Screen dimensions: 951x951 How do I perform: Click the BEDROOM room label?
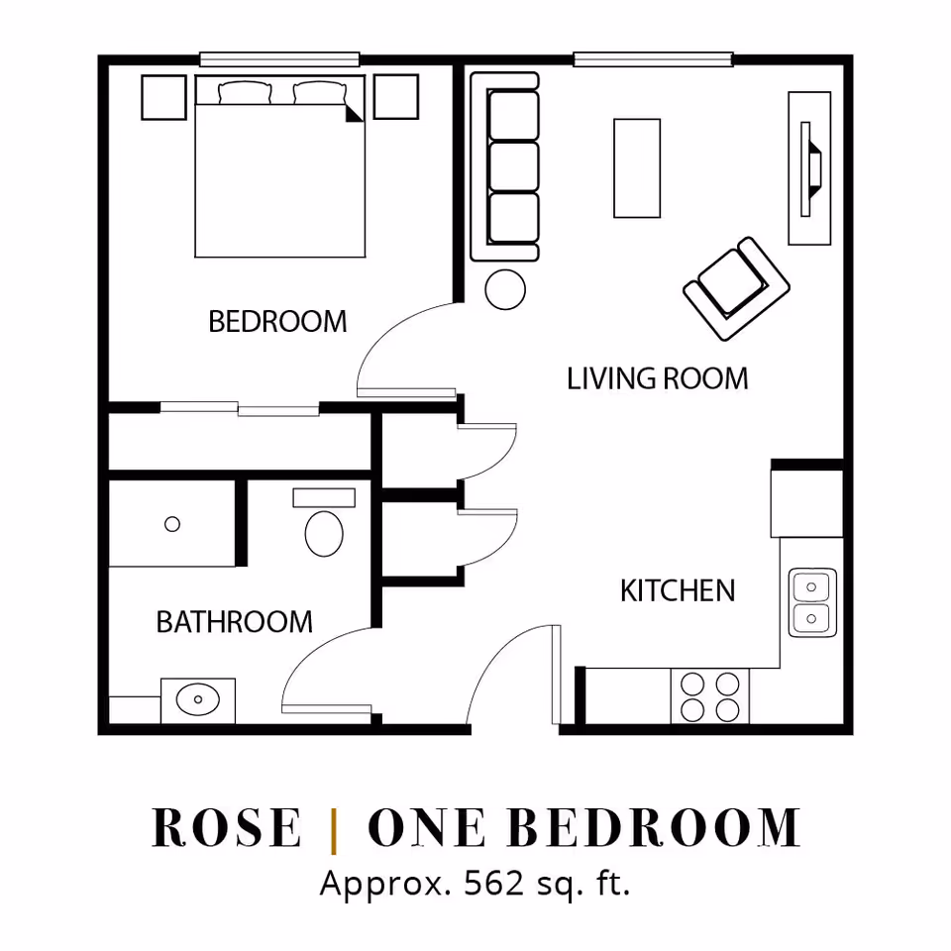tap(277, 321)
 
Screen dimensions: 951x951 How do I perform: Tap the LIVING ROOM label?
tap(658, 378)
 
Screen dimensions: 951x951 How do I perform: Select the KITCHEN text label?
tap(678, 590)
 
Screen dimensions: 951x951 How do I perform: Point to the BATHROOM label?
tap(234, 622)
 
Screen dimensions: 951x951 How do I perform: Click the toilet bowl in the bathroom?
tap(324, 533)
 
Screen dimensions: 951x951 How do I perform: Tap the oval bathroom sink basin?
tap(198, 699)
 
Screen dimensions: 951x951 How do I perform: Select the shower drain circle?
tap(172, 524)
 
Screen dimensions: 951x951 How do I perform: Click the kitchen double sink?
tap(812, 602)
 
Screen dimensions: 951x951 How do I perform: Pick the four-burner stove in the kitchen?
tap(709, 695)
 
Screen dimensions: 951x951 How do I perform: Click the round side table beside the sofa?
tap(505, 289)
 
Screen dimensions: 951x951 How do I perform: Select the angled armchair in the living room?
tap(736, 288)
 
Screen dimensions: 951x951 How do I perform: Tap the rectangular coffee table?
tap(637, 168)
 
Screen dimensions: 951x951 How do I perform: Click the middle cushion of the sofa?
tap(514, 166)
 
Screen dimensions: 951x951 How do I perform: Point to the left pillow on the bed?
tap(245, 93)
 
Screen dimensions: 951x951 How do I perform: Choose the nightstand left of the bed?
tap(163, 97)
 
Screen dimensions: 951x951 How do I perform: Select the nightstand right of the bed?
tap(396, 96)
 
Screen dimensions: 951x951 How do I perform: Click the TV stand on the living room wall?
tap(809, 168)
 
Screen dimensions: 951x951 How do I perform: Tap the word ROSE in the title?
tap(226, 827)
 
